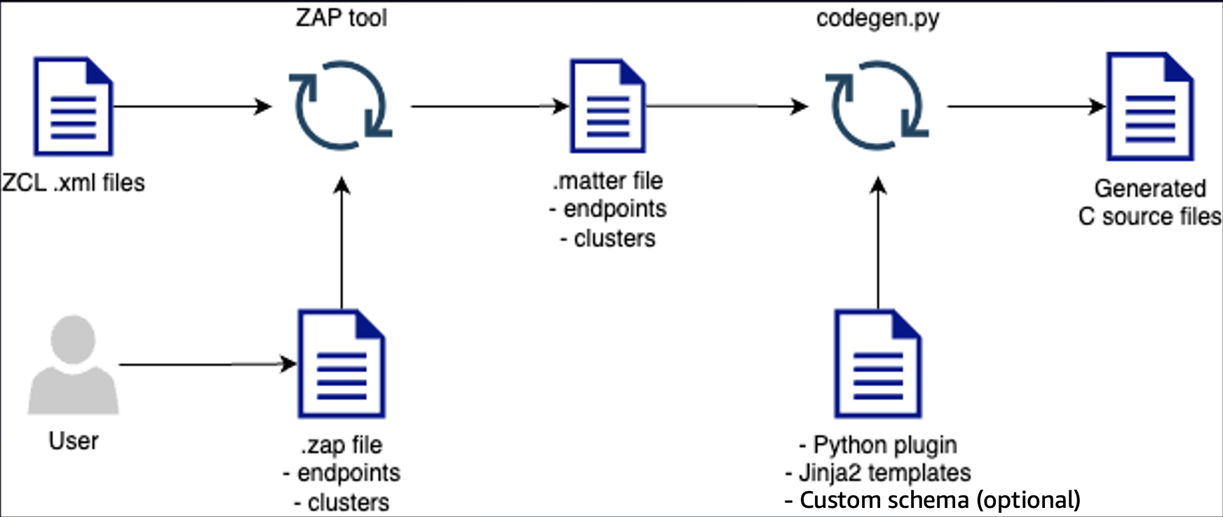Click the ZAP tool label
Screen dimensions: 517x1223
point(341,18)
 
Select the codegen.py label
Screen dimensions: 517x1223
point(877,18)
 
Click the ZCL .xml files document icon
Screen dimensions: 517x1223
point(74,106)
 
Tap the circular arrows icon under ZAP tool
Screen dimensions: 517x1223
point(342,106)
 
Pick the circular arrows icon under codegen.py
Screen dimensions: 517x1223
point(878,106)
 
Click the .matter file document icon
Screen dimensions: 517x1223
point(607,106)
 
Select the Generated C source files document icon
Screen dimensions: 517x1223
point(1150,106)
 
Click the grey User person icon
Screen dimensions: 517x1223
point(73,365)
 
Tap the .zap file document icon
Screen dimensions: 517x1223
point(342,364)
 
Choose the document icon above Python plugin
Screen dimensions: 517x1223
point(878,364)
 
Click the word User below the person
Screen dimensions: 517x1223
point(73,441)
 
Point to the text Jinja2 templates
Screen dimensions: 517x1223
point(878,473)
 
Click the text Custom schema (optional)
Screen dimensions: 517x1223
point(933,500)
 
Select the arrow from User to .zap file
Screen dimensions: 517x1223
point(207,364)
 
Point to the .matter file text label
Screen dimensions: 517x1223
point(607,181)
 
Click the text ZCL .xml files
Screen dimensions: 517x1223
point(73,183)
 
